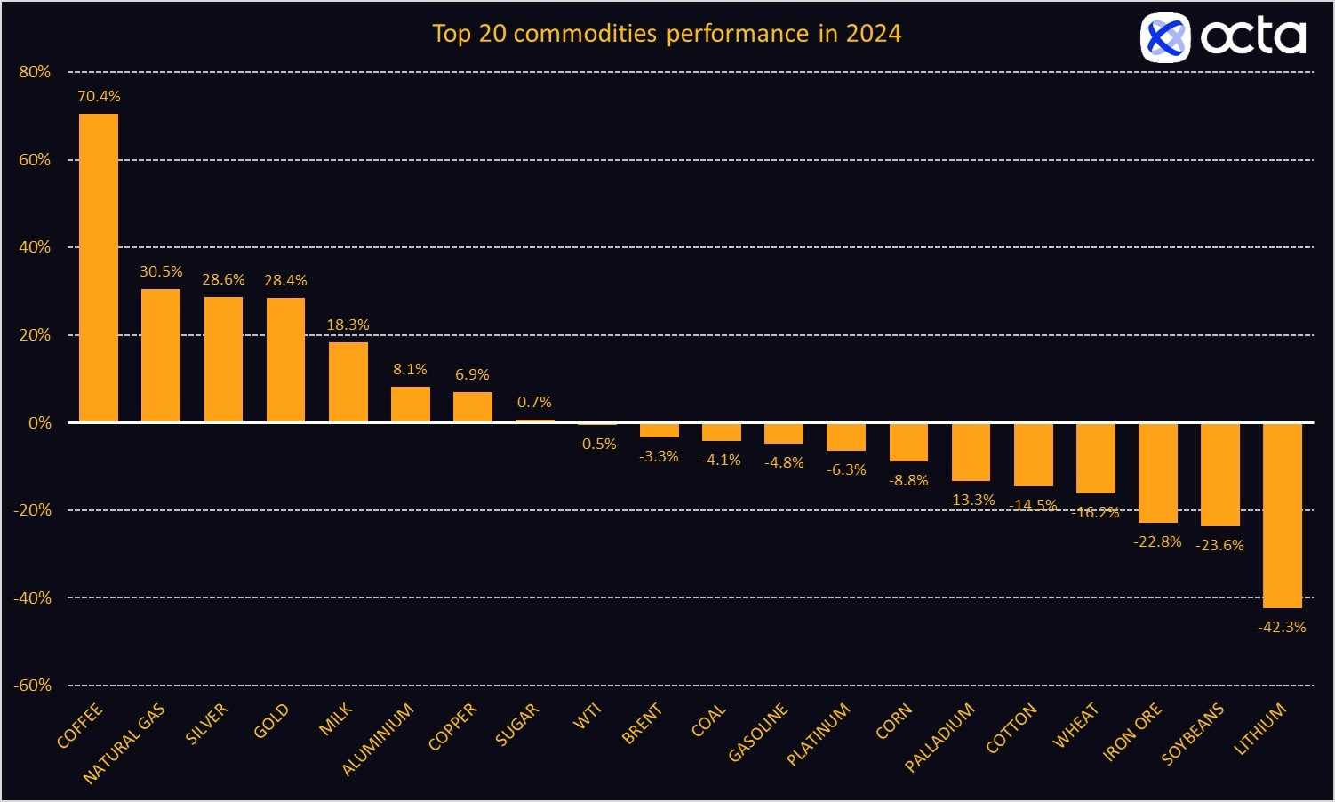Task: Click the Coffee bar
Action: click(x=99, y=267)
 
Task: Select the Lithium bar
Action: click(x=1282, y=515)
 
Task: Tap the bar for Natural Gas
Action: click(x=161, y=355)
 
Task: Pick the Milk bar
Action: click(x=348, y=381)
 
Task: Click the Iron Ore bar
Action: click(x=1157, y=472)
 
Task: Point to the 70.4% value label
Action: click(x=99, y=96)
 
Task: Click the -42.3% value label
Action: click(x=1282, y=627)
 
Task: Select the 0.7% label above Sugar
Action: click(x=534, y=402)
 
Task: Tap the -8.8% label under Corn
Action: click(x=908, y=480)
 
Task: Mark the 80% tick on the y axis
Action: click(x=35, y=72)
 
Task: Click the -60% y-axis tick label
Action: click(x=32, y=686)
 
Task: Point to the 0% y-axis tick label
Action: click(x=39, y=423)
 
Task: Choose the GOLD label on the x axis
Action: click(x=271, y=721)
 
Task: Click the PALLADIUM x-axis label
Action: click(x=939, y=737)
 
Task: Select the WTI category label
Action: click(x=588, y=716)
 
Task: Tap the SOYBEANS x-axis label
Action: click(x=1193, y=734)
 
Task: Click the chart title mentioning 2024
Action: click(x=667, y=34)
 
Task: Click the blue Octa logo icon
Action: click(x=1164, y=37)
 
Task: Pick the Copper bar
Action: click(x=472, y=406)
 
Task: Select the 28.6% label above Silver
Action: click(x=223, y=280)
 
